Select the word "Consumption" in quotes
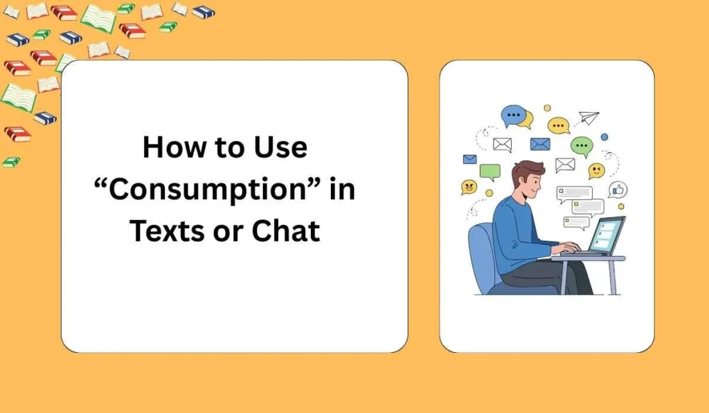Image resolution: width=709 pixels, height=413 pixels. pyautogui.click(x=208, y=189)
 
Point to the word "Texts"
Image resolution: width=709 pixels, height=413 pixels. pyautogui.click(x=169, y=230)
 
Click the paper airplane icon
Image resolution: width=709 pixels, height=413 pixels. pyautogui.click(x=589, y=117)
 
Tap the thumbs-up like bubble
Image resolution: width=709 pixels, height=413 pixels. pyautogui.click(x=618, y=190)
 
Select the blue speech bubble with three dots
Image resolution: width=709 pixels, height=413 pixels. pyautogui.click(x=514, y=114)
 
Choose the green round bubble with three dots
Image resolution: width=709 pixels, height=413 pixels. pyautogui.click(x=581, y=145)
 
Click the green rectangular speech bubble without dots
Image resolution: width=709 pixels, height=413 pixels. pyautogui.click(x=490, y=171)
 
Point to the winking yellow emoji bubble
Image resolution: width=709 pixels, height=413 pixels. pyautogui.click(x=596, y=170)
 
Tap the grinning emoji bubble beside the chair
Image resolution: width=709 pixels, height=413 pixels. pyautogui.click(x=469, y=187)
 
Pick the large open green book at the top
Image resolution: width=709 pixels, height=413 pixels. pyautogui.click(x=98, y=17)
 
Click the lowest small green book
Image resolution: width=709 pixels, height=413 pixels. pyautogui.click(x=11, y=162)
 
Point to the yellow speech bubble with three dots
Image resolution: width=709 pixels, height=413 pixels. pyautogui.click(x=558, y=125)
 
